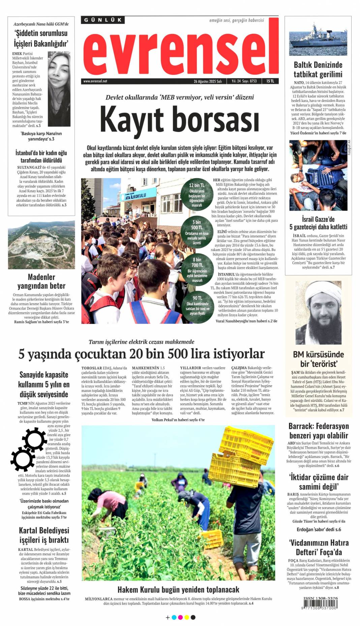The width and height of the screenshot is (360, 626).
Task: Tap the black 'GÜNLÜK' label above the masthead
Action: (x=102, y=20)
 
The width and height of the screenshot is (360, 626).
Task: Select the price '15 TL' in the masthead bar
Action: (x=270, y=81)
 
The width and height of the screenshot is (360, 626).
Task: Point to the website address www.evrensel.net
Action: (x=95, y=81)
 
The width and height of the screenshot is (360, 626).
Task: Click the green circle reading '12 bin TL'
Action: (x=197, y=195)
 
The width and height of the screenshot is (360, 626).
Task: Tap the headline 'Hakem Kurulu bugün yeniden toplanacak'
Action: (x=178, y=590)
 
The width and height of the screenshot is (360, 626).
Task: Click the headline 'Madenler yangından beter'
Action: (x=41, y=281)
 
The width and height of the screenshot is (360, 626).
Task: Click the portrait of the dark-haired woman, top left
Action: (x=59, y=89)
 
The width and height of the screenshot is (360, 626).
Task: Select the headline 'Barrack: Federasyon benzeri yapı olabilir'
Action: (x=319, y=431)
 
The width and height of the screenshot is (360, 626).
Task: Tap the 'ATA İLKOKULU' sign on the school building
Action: (x=136, y=196)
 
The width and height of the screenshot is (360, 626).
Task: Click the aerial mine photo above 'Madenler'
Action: (x=41, y=245)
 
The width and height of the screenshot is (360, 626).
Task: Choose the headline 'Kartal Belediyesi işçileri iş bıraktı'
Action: (x=44, y=535)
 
